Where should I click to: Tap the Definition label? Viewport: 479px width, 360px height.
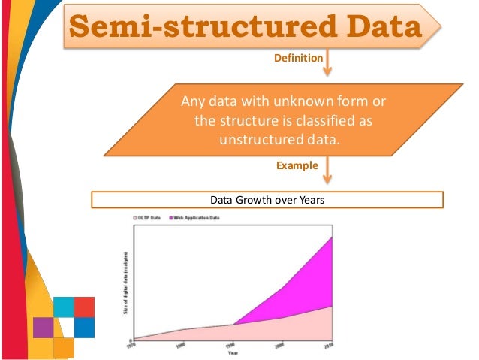click(299, 58)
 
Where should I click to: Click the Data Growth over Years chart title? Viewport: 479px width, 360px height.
click(267, 200)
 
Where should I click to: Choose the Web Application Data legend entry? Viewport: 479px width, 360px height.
click(197, 217)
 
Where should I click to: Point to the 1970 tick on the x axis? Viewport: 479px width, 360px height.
click(133, 345)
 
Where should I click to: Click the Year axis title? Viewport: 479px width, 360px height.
click(233, 352)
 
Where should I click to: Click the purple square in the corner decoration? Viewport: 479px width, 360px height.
click(43, 328)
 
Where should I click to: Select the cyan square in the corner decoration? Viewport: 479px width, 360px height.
click(63, 307)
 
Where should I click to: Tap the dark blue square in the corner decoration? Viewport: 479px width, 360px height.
click(84, 328)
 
